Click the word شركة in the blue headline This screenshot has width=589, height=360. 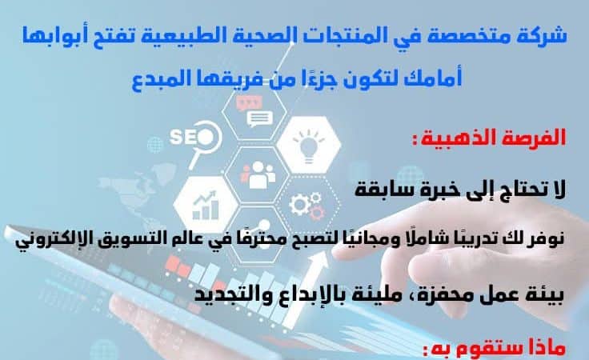click(x=545, y=37)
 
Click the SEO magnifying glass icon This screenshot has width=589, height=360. click(x=195, y=141)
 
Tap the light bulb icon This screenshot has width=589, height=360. click(x=309, y=146)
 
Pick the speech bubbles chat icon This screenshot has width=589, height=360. click(x=254, y=111)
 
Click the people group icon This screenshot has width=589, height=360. click(x=258, y=175)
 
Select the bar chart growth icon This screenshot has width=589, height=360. click(x=205, y=206)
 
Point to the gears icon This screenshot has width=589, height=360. click(x=307, y=206)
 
